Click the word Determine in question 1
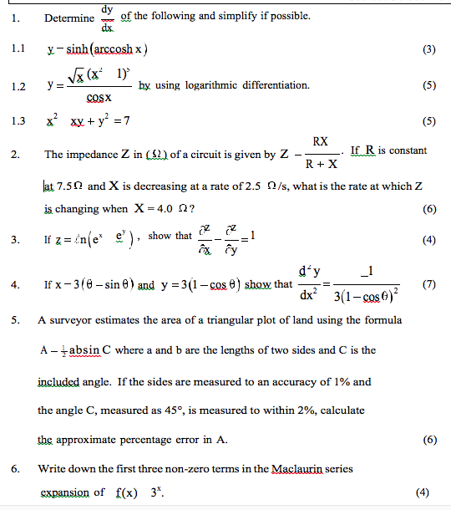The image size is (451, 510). (x=69, y=18)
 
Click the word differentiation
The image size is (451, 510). (x=278, y=84)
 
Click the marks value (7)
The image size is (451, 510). (x=429, y=284)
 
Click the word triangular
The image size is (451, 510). (x=269, y=320)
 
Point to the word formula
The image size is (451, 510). (x=383, y=320)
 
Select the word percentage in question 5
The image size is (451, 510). (x=155, y=440)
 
